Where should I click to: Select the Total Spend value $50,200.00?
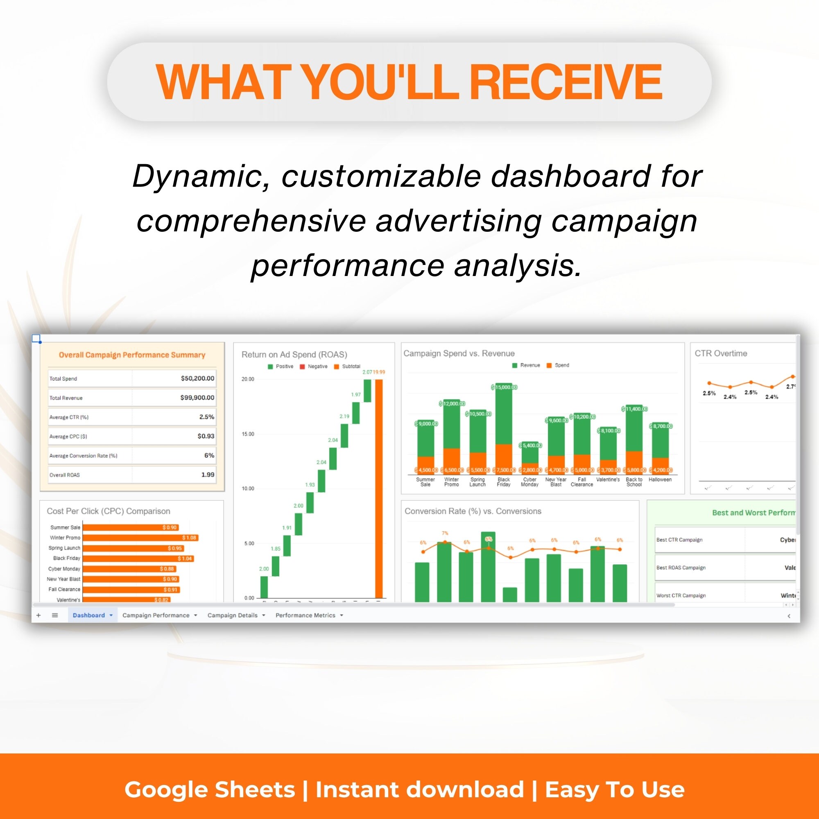click(197, 378)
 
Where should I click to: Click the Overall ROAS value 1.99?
click(207, 475)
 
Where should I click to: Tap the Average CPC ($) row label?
click(68, 436)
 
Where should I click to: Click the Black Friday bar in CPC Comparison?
click(138, 558)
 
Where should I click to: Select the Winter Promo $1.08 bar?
click(140, 538)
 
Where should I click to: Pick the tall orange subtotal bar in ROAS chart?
click(378, 487)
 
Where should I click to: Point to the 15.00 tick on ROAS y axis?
click(248, 434)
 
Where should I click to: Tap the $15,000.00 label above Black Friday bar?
click(504, 387)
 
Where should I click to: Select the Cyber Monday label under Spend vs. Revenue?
click(529, 482)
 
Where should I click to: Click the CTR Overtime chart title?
click(721, 353)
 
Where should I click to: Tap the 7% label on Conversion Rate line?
click(445, 533)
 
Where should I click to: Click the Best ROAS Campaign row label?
click(681, 568)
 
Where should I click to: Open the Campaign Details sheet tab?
click(232, 615)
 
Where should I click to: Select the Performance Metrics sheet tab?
click(305, 615)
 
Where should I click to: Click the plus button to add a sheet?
click(38, 615)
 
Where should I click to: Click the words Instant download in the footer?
click(420, 790)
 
